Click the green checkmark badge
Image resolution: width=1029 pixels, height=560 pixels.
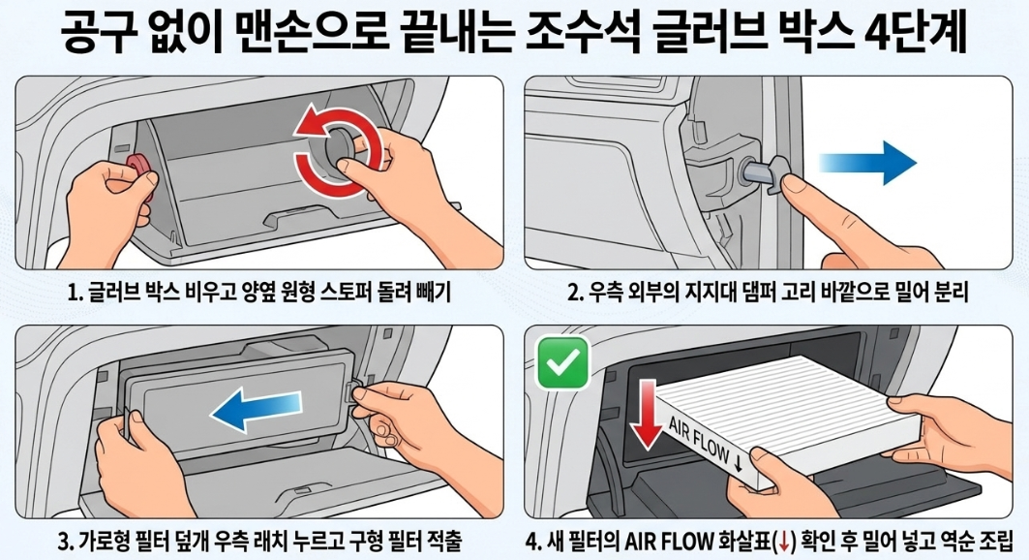point(562,362)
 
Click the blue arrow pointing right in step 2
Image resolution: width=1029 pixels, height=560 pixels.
point(868,162)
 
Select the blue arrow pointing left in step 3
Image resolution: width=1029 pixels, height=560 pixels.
point(257,407)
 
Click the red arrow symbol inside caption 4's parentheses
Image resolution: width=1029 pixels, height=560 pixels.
point(782,542)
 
